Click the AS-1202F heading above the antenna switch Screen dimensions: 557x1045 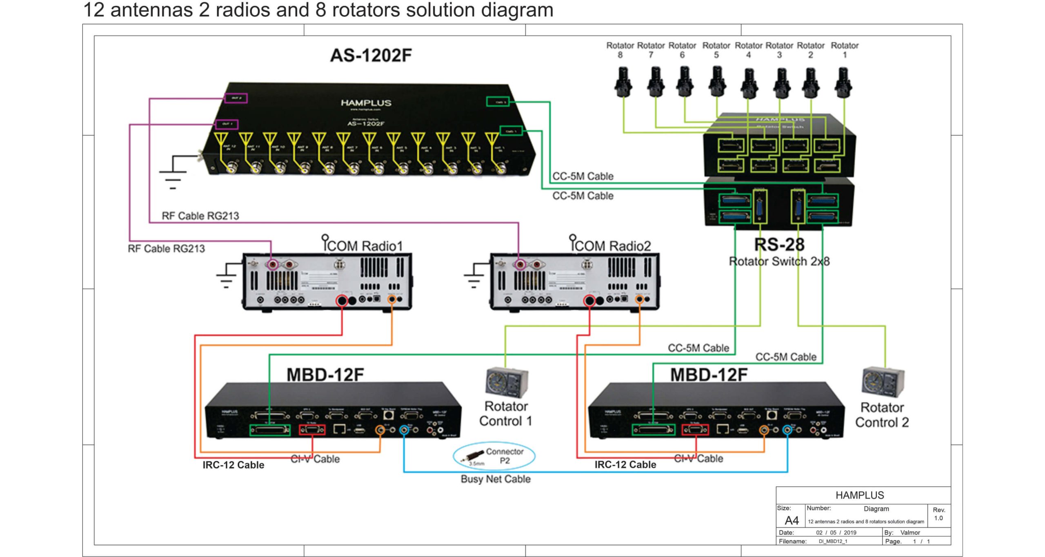click(x=371, y=56)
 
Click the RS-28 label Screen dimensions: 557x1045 click(x=779, y=245)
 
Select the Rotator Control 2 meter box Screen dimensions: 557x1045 click(x=883, y=383)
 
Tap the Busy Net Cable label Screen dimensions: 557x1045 click(x=496, y=479)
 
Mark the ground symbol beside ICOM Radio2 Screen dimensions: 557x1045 click(x=474, y=276)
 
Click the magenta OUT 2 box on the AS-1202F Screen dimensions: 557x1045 click(x=236, y=98)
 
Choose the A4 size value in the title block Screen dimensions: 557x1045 click(x=792, y=521)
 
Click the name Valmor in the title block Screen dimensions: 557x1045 click(x=910, y=532)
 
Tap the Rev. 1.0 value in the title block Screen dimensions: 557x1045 click(x=938, y=518)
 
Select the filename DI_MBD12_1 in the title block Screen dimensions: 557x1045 click(x=833, y=541)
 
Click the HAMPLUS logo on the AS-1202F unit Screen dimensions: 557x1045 click(x=366, y=103)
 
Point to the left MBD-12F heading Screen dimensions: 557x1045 click(x=325, y=375)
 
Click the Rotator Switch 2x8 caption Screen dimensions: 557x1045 click(x=779, y=261)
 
